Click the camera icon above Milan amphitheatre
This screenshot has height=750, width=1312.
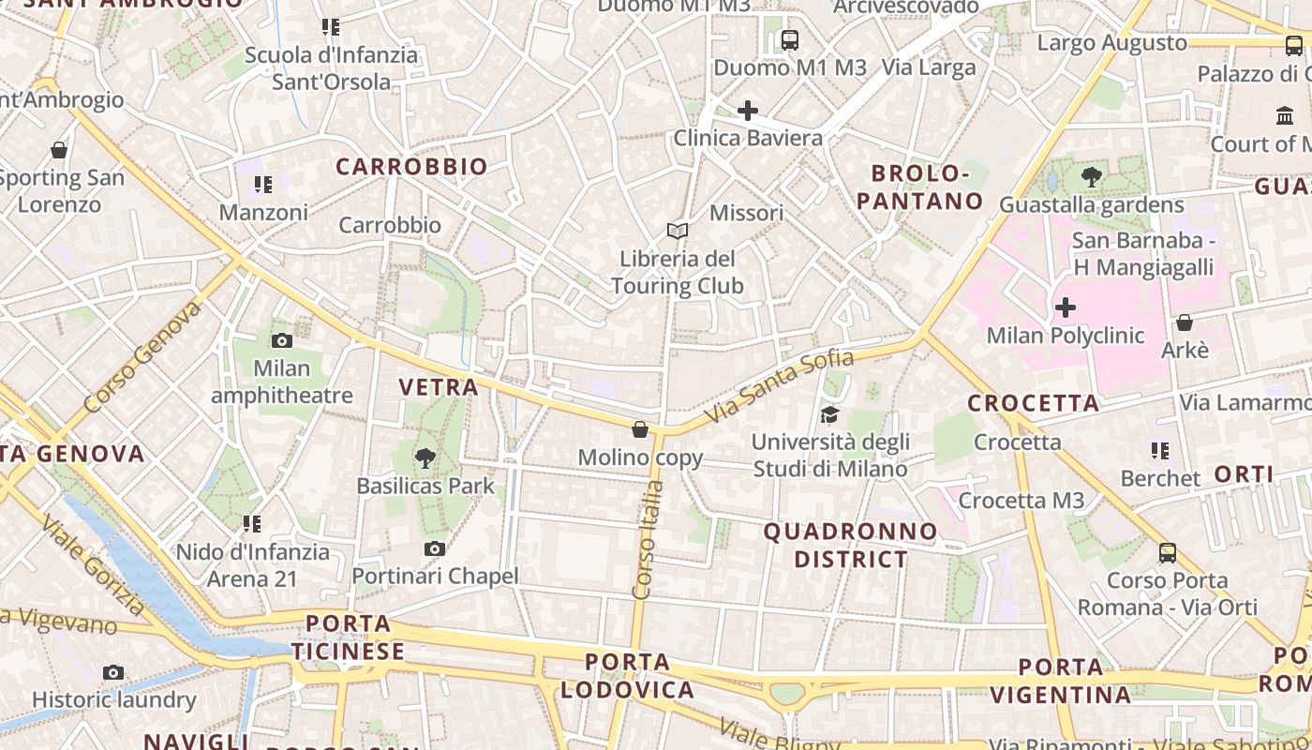pos(281,340)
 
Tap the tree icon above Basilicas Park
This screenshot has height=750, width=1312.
pos(425,458)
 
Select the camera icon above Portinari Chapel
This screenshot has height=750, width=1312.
pos(434,548)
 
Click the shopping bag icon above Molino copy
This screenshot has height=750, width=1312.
pos(640,429)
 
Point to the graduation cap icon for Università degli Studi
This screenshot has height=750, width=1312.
pos(829,414)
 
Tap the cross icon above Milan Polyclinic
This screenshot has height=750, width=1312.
pos(1066,307)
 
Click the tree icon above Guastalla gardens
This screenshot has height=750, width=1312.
pos(1091,177)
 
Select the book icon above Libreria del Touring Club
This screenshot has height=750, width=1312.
pos(677,231)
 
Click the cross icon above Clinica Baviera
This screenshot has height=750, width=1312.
pos(747,111)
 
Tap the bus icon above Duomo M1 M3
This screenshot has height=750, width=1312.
pos(789,40)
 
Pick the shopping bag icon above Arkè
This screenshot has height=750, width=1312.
pos(1185,322)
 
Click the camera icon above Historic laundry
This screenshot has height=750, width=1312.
pos(113,672)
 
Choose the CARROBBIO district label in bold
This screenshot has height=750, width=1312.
pos(412,167)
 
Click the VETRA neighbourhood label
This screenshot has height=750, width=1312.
pos(439,386)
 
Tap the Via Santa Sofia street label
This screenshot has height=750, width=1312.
pos(779,385)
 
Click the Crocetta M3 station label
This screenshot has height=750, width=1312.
pos(1021,501)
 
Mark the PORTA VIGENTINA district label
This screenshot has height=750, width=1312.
pos(1061,681)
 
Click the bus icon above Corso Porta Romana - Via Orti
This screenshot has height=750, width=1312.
pos(1167,553)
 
